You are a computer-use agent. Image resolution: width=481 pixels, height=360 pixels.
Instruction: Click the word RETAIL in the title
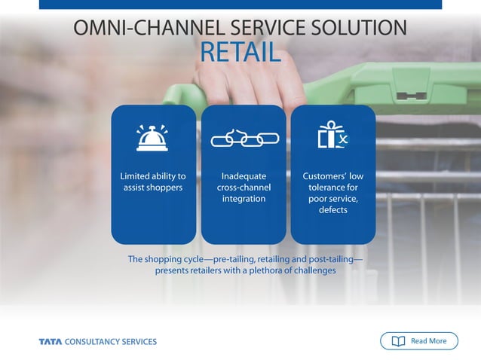tap(240, 53)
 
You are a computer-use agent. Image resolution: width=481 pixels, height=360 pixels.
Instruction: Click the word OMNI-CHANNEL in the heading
tap(139, 29)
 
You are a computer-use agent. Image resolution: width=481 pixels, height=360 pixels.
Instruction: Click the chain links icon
tap(244, 139)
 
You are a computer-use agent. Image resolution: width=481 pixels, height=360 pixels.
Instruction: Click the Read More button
tap(418, 341)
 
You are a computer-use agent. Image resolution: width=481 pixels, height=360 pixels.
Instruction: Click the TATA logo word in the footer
tap(51, 342)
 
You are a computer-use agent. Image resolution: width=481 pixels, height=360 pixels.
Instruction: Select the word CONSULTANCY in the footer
tap(94, 342)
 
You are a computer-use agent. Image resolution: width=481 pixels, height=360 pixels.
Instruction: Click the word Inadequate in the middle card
tap(244, 176)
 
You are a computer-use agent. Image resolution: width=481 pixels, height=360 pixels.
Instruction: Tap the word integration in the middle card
tap(244, 199)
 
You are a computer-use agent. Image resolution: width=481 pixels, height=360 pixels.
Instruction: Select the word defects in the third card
tap(332, 210)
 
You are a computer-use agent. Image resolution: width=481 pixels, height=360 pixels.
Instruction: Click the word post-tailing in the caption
tap(329, 259)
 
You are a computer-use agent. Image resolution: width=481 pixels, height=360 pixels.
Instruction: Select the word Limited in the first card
tap(136, 176)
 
